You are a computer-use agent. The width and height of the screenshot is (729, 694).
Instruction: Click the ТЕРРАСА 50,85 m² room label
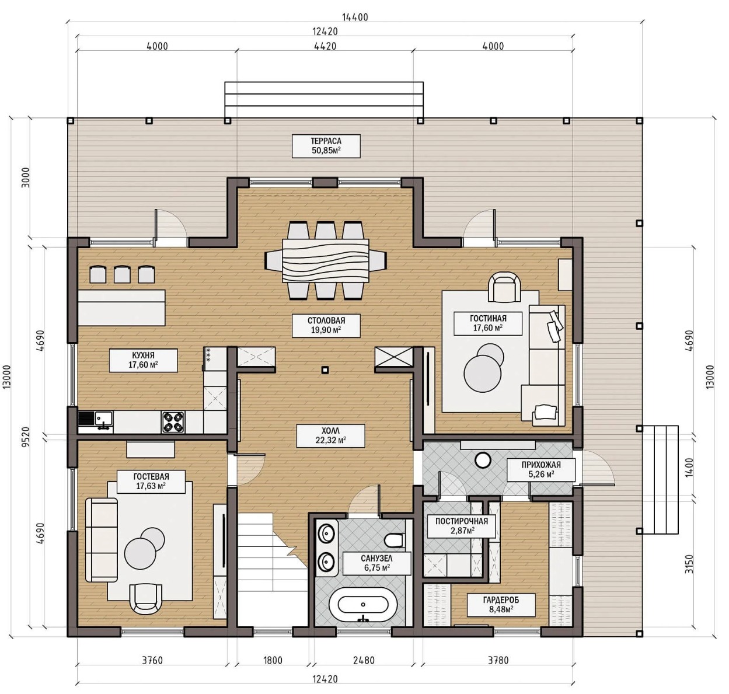point(326,146)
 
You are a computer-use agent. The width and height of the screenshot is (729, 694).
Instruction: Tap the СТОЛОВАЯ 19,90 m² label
point(326,325)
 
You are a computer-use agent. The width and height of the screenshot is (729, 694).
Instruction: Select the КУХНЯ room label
point(143,360)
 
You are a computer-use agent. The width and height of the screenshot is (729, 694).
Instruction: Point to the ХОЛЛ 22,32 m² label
point(330,436)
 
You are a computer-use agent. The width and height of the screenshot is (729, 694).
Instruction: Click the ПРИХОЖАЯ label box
point(541,470)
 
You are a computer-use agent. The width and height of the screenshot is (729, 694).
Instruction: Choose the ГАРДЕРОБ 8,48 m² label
point(501,605)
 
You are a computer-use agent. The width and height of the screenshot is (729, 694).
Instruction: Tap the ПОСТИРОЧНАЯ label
point(462,526)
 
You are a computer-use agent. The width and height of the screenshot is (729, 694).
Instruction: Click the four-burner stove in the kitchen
point(173,422)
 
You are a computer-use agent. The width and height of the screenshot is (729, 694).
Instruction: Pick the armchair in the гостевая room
point(147,598)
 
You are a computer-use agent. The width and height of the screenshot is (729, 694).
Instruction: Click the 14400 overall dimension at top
point(355,17)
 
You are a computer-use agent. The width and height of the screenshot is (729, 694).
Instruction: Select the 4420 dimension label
point(325,46)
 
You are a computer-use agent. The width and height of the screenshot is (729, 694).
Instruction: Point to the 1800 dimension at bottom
point(273,661)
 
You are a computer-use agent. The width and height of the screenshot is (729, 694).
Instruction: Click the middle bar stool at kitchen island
point(122,274)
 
